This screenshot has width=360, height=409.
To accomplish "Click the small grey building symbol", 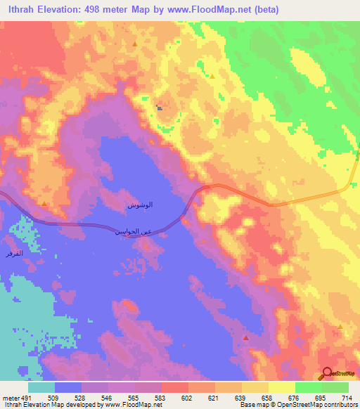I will click(x=160, y=108).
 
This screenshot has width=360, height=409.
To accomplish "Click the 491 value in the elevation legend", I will click(x=21, y=397).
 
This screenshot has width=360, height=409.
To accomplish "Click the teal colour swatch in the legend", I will click(x=41, y=387).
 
